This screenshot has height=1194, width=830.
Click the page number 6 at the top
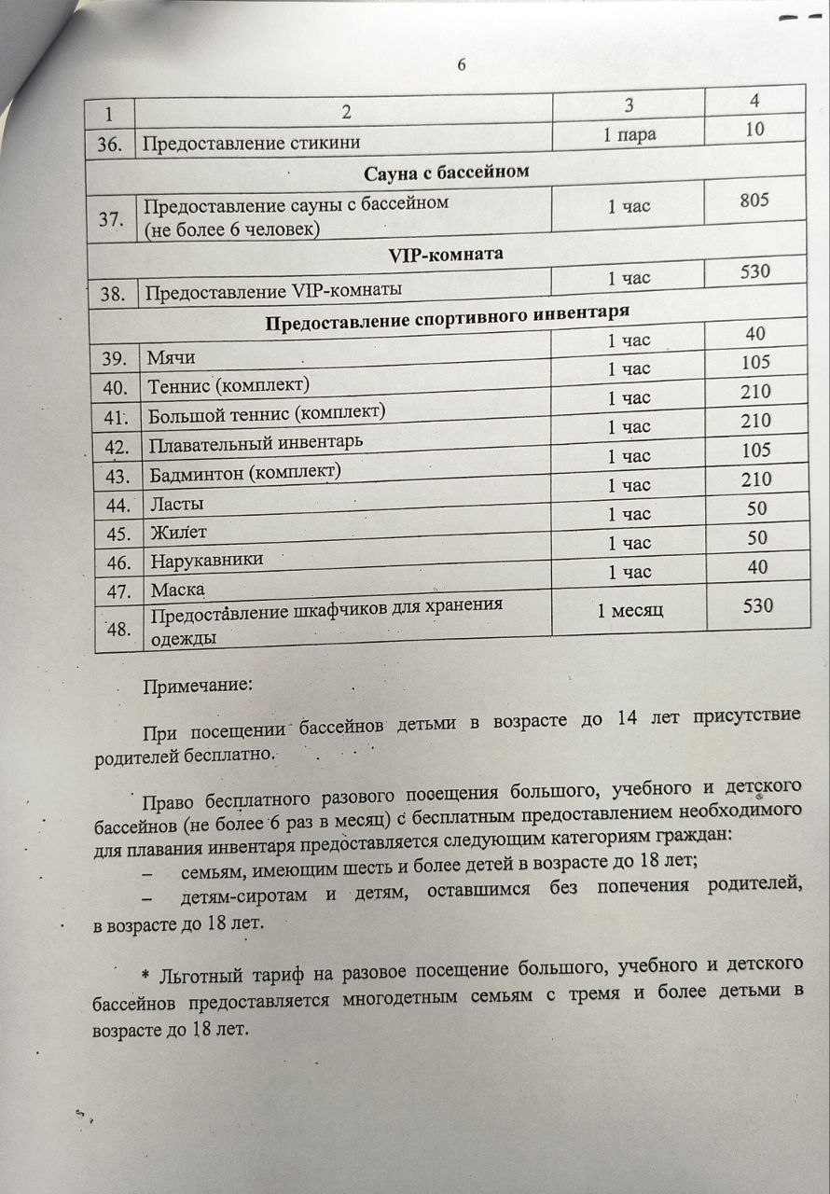[x=462, y=64]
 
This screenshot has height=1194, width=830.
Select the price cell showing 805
[x=754, y=200]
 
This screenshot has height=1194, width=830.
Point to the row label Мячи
[x=172, y=358]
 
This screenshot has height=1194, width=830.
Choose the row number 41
[x=117, y=417]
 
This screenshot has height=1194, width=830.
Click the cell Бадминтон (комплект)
[x=245, y=473]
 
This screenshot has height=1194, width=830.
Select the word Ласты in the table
[x=177, y=505]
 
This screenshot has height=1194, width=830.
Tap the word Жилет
[x=178, y=533]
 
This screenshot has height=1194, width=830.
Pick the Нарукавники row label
[x=206, y=561]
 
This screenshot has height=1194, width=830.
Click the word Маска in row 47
[x=177, y=590]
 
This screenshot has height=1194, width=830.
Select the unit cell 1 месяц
[x=629, y=610]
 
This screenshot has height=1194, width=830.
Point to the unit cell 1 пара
[x=629, y=134]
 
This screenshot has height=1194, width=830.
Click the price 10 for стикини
[x=754, y=130]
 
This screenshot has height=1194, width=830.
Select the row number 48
[x=118, y=629]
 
